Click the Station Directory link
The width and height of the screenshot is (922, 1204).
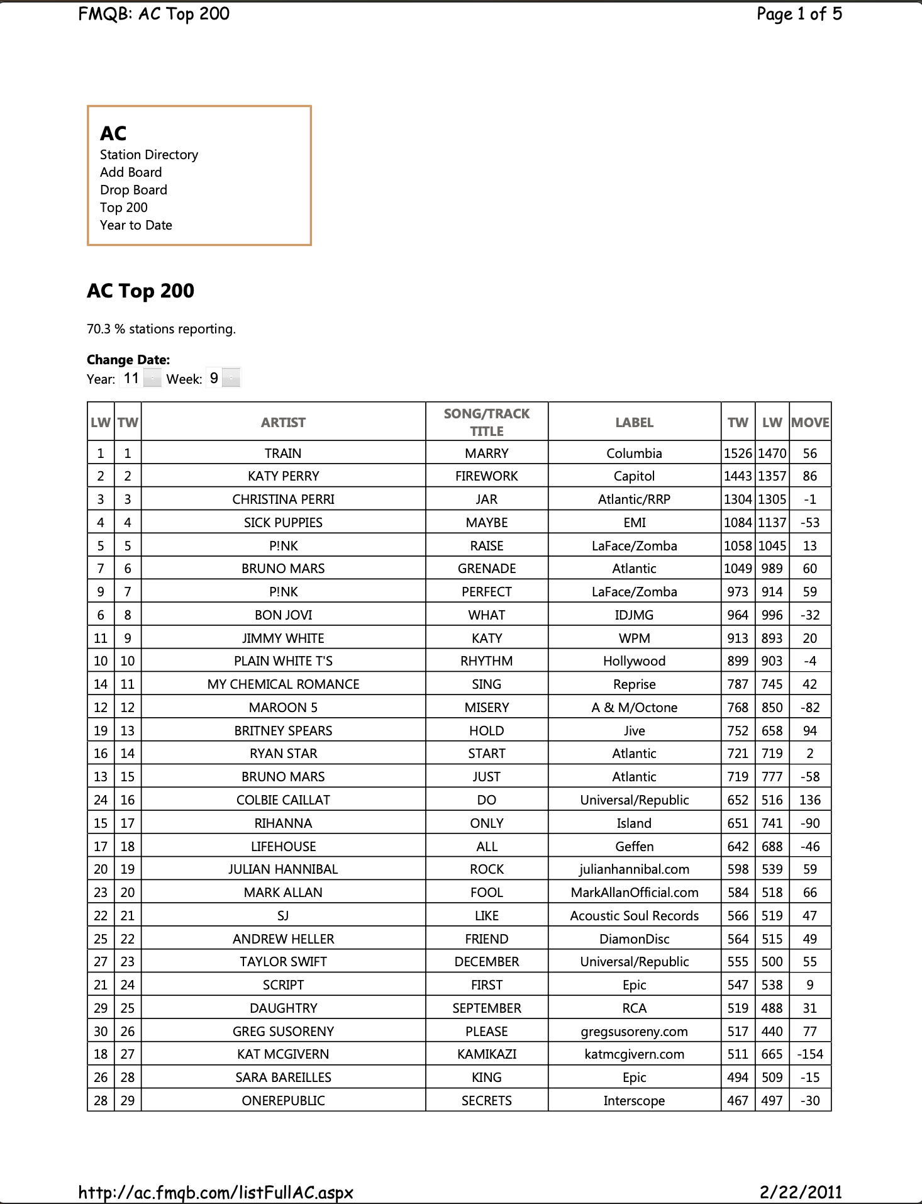point(149,155)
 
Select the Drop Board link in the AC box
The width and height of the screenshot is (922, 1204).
point(133,190)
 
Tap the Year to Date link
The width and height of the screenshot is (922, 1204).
point(136,225)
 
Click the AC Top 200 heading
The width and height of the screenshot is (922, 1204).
point(140,291)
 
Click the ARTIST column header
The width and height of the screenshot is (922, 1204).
point(283,423)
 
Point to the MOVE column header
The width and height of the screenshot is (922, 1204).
point(810,423)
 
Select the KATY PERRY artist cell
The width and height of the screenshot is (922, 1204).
point(283,476)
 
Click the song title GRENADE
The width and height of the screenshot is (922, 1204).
point(487,569)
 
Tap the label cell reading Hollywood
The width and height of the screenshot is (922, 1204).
point(634,661)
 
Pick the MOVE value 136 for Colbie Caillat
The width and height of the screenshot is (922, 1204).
point(810,800)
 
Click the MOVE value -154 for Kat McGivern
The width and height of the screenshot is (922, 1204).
point(810,1054)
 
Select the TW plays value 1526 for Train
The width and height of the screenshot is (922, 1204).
point(738,454)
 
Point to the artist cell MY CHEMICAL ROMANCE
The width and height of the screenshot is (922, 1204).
point(283,684)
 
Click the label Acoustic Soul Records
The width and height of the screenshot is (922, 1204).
point(634,916)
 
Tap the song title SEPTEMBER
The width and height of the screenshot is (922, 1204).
point(487,1008)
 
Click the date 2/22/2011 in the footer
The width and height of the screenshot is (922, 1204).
point(801,1192)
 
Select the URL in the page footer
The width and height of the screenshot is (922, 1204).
point(216,1193)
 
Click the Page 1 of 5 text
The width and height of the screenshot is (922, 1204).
point(799,14)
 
